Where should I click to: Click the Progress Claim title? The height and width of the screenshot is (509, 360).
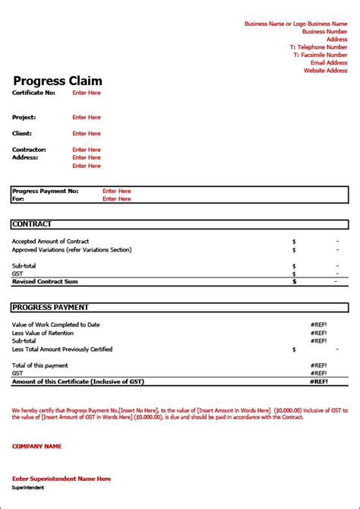coord(57,81)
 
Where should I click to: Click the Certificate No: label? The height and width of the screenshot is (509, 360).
coord(34,93)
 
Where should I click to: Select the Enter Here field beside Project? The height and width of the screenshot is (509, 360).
coord(87,118)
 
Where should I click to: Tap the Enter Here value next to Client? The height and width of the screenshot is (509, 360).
coord(87,134)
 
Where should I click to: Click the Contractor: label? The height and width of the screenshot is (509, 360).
coord(30,150)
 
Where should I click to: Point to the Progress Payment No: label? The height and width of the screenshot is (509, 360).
coord(46,191)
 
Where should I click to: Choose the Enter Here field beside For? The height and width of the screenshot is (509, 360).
coord(117,199)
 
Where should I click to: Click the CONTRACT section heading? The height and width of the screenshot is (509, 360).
coord(32,224)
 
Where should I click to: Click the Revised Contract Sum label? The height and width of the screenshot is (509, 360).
coord(45,281)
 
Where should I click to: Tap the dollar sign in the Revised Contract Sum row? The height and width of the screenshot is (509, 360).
coord(294,281)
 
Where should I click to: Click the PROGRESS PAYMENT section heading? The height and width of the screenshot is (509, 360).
coord(50,308)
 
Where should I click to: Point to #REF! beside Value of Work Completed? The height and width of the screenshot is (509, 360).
coord(318,324)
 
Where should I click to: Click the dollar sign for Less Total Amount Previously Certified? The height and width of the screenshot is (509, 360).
coord(294,349)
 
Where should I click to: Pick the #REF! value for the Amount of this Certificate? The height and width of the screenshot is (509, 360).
coord(318,381)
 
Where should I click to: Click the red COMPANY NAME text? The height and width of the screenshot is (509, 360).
coord(37,446)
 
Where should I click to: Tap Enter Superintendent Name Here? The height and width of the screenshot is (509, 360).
coord(62,479)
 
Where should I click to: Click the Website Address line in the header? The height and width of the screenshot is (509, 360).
coord(326,71)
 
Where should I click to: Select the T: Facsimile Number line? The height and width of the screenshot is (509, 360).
coord(321,55)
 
